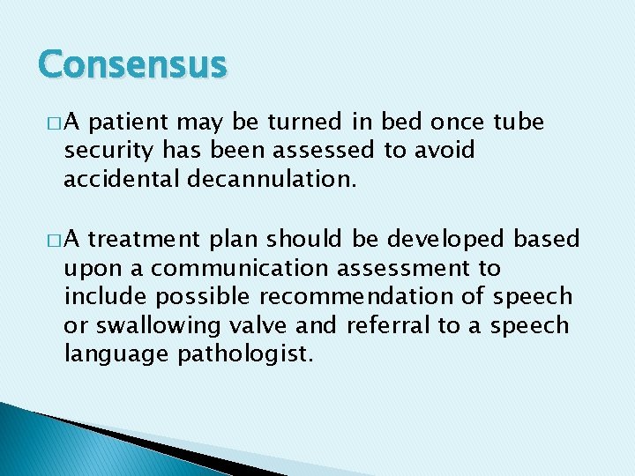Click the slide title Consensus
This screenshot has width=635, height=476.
click(133, 64)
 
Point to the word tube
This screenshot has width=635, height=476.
click(519, 122)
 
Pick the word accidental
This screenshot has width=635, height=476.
click(122, 180)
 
